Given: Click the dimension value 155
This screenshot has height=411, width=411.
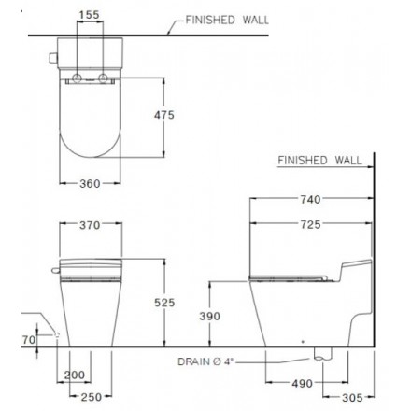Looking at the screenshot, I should pyautogui.click(x=91, y=16).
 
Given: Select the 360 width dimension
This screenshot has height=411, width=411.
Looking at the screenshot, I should pyautogui.click(x=90, y=184).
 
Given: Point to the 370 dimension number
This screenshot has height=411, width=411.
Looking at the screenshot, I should pyautogui.click(x=90, y=226).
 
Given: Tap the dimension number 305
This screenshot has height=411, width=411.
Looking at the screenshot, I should pyautogui.click(x=350, y=397).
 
